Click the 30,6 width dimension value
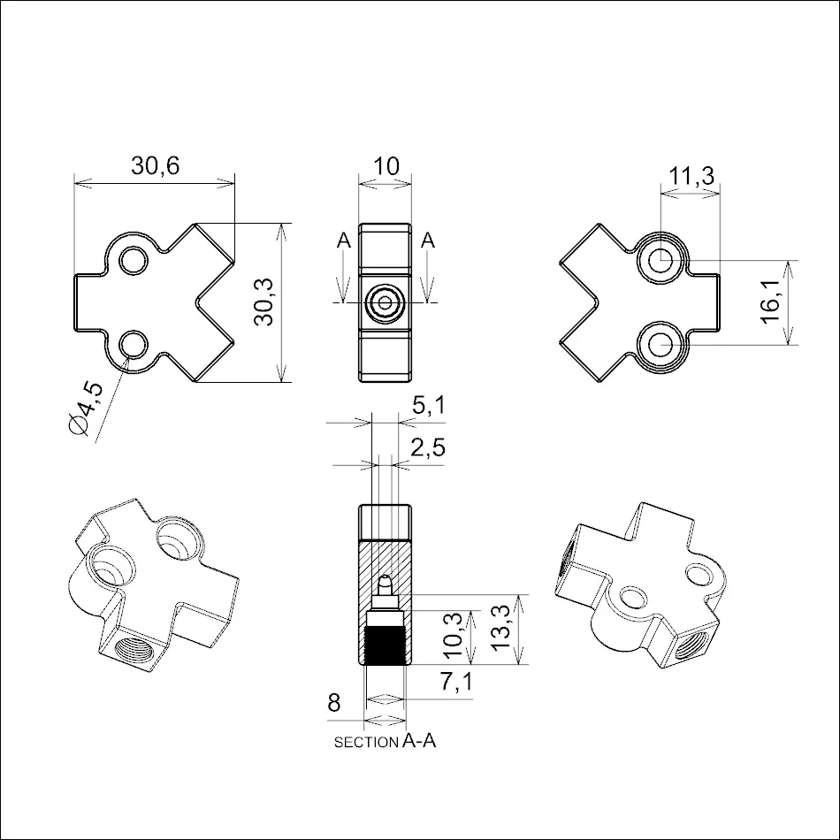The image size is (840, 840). [156, 166]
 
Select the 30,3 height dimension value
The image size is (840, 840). [264, 302]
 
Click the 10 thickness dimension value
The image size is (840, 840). [386, 166]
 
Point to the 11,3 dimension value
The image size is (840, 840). [691, 175]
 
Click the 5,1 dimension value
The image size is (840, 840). [429, 405]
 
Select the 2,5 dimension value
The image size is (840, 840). [428, 447]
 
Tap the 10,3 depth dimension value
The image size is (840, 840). [454, 635]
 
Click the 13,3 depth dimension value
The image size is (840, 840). [500, 627]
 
